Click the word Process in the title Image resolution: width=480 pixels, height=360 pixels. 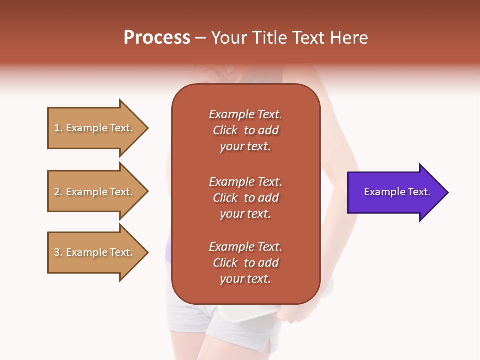pos(157,37)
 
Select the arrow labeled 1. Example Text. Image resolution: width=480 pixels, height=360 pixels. pos(95,128)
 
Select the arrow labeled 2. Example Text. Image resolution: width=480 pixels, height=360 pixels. pos(95,192)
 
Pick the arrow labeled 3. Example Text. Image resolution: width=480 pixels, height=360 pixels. pos(95,252)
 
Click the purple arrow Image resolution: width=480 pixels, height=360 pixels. pos(395,192)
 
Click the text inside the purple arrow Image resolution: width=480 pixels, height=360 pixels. pos(397,192)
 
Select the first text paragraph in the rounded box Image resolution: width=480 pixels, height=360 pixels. pos(245,130)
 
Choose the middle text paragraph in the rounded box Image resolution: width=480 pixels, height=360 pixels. pos(245,198)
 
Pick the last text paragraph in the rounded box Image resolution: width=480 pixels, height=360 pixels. pos(245,263)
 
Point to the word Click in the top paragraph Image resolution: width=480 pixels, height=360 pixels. pos(225,130)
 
